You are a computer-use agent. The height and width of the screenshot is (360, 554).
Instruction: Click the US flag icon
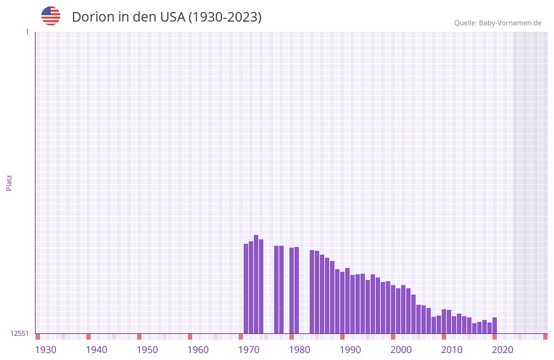tap(51, 16)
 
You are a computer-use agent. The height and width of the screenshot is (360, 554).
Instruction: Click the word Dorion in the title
tap(93, 17)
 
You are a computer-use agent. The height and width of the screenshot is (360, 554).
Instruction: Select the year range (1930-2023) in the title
tap(225, 17)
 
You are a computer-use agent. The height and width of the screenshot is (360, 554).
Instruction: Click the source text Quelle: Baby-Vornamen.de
tap(498, 23)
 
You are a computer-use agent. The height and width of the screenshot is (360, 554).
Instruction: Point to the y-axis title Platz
tap(9, 182)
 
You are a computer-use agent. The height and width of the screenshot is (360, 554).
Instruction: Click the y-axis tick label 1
tap(27, 32)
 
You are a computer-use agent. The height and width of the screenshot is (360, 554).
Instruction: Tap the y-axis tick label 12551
tap(20, 333)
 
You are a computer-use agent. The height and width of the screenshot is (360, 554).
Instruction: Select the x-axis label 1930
tap(46, 350)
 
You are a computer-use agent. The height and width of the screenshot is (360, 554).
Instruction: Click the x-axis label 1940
tap(96, 350)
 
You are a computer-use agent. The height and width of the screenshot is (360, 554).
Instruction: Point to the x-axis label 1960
tap(198, 350)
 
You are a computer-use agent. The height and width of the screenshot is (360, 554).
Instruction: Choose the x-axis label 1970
tap(249, 350)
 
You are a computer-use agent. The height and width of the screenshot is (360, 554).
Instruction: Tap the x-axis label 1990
tap(350, 350)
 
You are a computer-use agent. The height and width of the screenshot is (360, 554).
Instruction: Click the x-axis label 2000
tap(401, 350)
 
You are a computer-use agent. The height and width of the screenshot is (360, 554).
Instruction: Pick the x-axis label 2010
tap(452, 350)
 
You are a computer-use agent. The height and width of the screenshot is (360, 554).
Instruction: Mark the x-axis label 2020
tap(503, 350)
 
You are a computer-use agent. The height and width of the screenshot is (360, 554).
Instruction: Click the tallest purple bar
tap(256, 284)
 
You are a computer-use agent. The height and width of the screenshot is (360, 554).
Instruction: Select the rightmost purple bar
tap(494, 326)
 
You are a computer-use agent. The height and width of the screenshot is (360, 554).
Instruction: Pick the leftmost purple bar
tap(246, 289)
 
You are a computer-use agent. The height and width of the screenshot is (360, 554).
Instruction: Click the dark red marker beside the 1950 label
tap(139, 337)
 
